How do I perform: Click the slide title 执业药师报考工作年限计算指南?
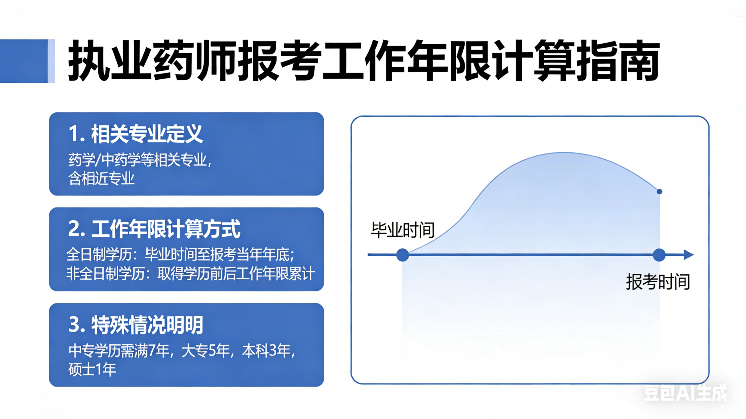364,61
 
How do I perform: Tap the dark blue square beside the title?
24,61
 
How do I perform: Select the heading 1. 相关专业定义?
136,134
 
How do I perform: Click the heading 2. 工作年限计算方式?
154,229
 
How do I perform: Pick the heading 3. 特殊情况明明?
136,325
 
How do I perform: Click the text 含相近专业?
101,178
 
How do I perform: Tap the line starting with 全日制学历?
180,255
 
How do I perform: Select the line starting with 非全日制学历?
190,274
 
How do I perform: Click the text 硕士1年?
92,369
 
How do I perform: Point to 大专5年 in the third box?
205,351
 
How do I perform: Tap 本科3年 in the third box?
266,351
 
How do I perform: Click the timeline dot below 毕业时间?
403,255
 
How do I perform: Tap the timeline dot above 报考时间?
659,255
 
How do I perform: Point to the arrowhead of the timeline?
689,255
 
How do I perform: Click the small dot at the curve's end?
659,192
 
